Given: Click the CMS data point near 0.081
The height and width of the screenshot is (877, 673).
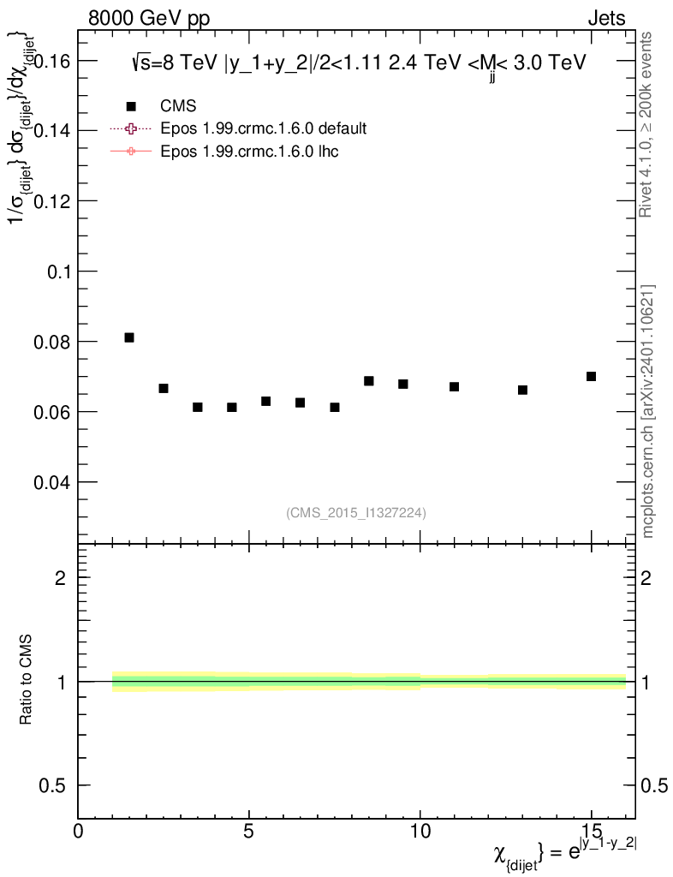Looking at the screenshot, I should point(129,337).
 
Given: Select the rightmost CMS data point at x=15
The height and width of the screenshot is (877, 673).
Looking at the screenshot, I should point(591,376).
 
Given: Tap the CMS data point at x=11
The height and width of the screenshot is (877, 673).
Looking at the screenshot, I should point(454,387).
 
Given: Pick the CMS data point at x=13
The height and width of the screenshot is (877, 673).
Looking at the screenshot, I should point(522,390).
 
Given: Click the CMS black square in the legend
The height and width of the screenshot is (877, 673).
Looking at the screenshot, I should point(131,106).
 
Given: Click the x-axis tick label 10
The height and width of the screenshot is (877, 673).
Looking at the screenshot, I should point(420,832).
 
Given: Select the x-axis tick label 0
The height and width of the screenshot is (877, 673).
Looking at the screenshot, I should point(78,832).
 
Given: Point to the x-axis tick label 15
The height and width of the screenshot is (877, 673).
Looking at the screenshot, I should point(591,832).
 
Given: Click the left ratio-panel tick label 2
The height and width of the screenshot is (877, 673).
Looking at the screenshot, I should point(61,578).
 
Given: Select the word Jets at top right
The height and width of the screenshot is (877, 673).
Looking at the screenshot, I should point(605,18).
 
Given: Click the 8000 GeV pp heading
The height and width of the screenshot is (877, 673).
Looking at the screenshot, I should point(149,18).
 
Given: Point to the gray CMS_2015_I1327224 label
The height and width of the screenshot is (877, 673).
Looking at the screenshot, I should point(356,512).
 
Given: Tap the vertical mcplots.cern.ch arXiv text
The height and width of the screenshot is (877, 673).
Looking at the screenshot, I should point(648,411).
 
